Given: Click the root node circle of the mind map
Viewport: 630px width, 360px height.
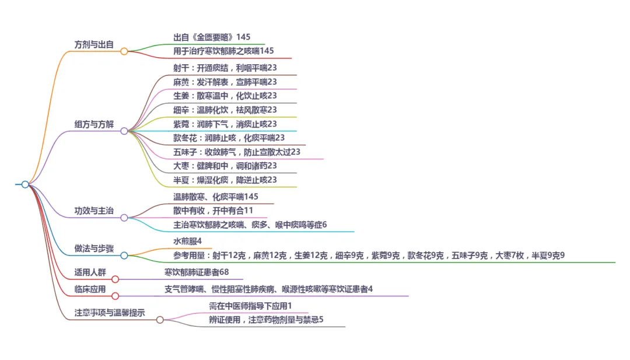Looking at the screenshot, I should pos(25,184).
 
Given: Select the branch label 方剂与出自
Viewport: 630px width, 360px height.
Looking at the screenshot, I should pos(94,44).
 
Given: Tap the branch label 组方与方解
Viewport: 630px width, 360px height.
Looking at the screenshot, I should pos(94,124).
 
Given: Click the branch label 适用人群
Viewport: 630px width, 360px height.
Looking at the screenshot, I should pos(90,272).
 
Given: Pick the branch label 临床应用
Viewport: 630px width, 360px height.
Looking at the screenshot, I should pos(90,289).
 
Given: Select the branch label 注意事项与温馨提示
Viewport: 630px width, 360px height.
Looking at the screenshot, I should pos(110,313).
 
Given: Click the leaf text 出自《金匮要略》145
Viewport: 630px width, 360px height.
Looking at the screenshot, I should pos(212,37).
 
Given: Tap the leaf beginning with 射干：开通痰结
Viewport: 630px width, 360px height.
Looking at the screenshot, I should pos(225,68).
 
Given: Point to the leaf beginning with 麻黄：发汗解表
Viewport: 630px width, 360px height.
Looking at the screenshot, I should pos(225,82).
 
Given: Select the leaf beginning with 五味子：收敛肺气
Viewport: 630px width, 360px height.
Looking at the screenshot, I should pos(236,152).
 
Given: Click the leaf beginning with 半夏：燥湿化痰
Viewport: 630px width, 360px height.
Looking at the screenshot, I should pos(225,180).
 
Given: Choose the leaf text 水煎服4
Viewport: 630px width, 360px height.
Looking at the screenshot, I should pos(187,241).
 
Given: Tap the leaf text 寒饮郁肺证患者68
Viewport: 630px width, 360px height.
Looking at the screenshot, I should pos(197,272).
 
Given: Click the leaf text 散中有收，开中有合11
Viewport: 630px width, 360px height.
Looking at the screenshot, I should pos(213,210).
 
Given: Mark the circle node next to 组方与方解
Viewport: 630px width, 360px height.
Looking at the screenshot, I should pos(124,131).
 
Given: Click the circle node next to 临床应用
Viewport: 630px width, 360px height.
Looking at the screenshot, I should pos(115,296).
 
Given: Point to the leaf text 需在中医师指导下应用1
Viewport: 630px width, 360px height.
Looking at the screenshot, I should pos(250,305).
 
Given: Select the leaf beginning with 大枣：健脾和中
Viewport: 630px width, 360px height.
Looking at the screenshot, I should pos(225,166).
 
